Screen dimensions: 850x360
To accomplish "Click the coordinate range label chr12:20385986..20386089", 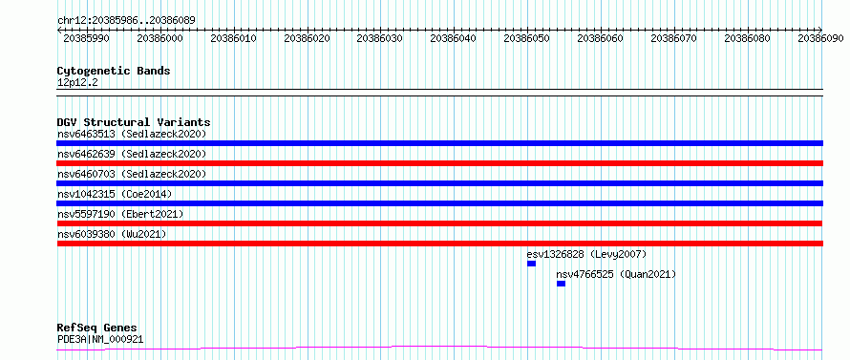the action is (x=126, y=21).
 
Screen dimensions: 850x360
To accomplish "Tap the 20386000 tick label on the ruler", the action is (x=159, y=39).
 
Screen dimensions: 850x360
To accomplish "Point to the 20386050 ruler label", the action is (x=526, y=39).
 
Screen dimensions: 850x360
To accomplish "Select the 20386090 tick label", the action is (x=820, y=39).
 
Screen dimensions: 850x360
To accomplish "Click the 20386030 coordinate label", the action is (x=379, y=39).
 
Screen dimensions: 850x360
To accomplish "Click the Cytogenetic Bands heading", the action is (x=114, y=71).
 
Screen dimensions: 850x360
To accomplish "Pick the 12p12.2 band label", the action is (x=77, y=83).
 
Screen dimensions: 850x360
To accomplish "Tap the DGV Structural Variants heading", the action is (x=134, y=122).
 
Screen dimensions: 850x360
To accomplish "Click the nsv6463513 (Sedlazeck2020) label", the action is (x=132, y=134).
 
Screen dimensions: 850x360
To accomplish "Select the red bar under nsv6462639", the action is (x=439, y=163).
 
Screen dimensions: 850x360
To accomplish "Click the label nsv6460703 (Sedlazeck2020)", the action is (x=132, y=174).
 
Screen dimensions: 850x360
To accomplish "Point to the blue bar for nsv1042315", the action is (x=439, y=203).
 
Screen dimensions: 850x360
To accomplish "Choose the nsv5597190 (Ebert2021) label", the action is (x=120, y=214).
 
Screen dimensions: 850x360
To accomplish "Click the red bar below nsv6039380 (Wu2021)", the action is (x=439, y=244).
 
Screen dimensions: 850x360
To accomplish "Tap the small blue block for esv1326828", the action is (x=531, y=264).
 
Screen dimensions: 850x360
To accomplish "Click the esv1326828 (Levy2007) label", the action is (x=586, y=254).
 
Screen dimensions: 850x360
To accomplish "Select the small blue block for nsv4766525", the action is (x=561, y=284).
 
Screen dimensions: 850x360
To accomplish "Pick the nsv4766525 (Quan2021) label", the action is (x=616, y=275).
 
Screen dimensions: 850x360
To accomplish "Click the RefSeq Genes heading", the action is (x=97, y=328).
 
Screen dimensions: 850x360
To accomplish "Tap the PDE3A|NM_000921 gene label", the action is (x=100, y=340).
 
